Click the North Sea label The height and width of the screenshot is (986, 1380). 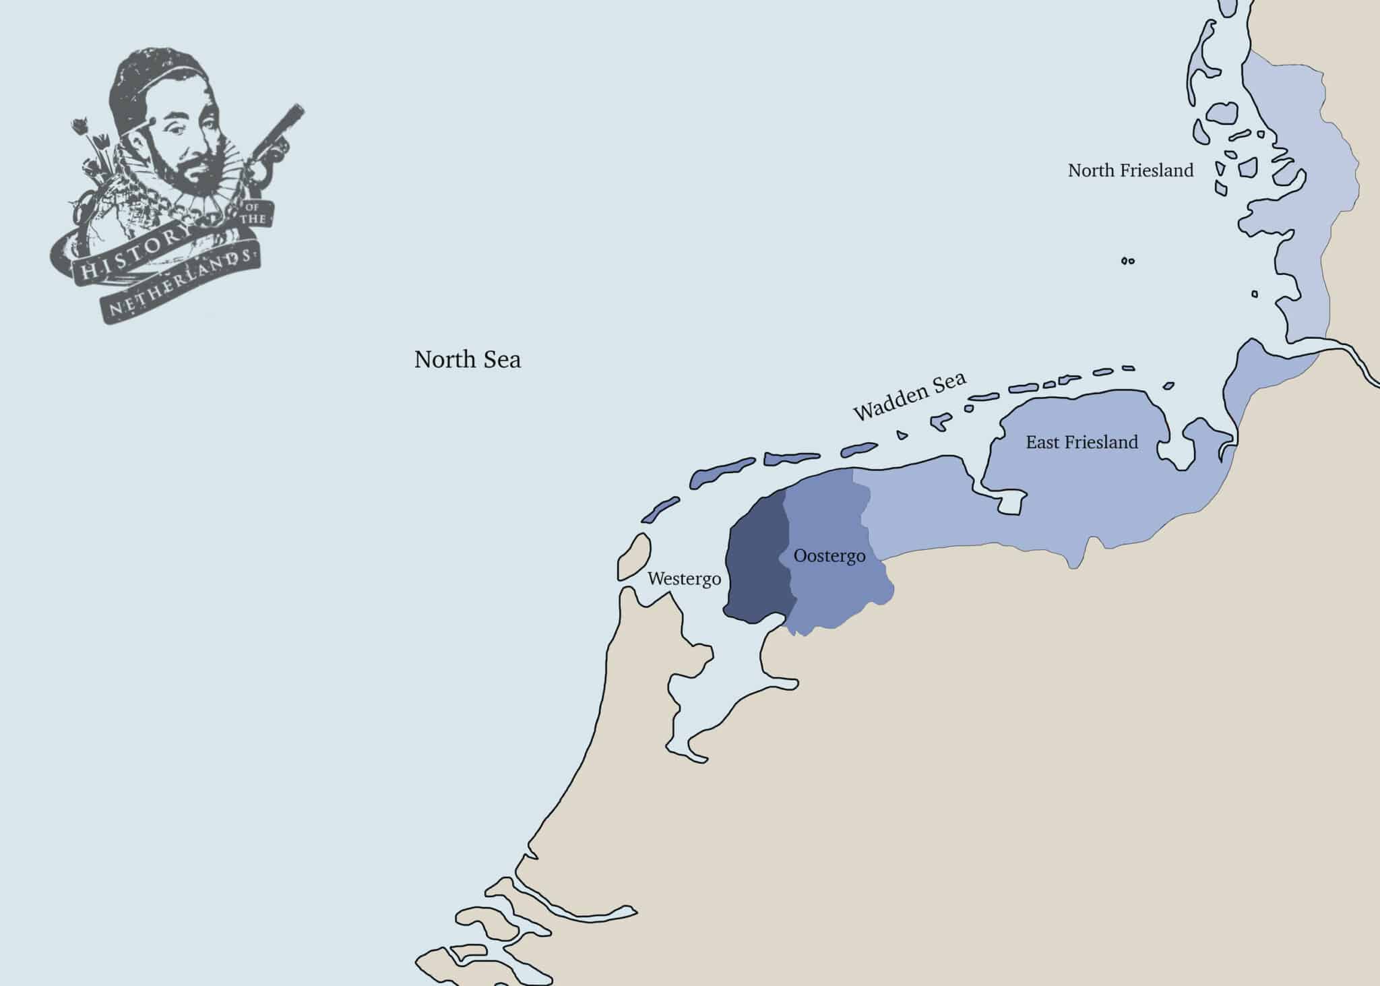coord(467,359)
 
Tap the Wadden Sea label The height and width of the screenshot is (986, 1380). coord(909,397)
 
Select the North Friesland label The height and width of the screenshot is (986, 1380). coord(1130,171)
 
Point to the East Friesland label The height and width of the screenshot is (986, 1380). coord(1081,442)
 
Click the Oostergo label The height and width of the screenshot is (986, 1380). coord(829,556)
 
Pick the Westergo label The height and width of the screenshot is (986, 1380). coord(684,578)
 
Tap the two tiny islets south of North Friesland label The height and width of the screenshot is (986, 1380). coord(1127,261)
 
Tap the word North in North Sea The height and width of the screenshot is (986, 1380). coord(443,359)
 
